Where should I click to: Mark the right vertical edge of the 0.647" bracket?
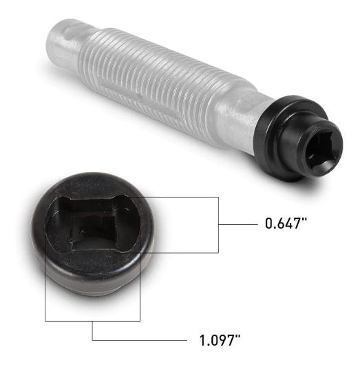(218, 224)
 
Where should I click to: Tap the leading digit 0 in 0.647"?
(269, 224)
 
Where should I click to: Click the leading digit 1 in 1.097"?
(200, 340)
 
